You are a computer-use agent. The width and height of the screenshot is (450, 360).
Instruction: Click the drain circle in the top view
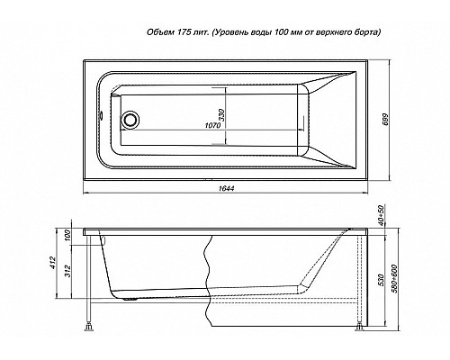tap(132, 119)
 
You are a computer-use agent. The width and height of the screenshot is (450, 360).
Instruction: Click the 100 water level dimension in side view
tap(70, 236)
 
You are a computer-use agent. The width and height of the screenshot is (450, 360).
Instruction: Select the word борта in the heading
tap(365, 32)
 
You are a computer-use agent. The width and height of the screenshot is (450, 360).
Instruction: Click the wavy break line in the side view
tap(207, 270)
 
